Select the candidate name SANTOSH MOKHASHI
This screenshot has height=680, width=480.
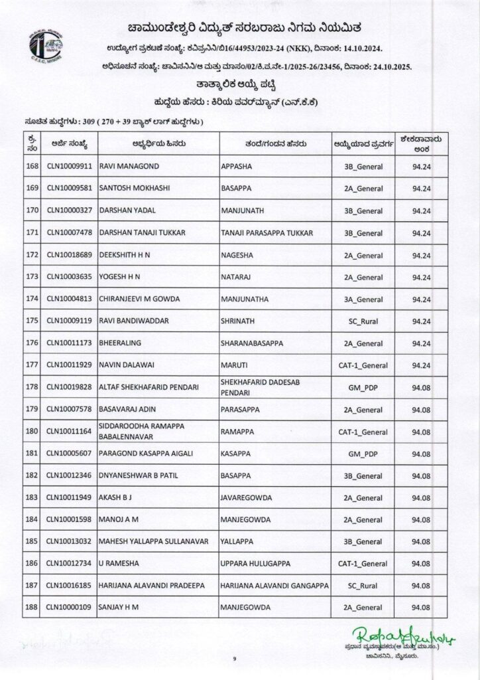tap(133, 189)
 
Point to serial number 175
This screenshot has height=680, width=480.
tap(31, 321)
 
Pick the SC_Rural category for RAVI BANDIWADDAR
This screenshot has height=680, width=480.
tap(363, 321)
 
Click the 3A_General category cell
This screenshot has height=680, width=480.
tap(363, 299)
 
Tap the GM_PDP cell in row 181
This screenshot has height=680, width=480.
tap(363, 453)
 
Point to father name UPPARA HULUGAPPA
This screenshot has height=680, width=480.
tap(255, 563)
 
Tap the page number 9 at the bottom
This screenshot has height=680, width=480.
tap(235, 658)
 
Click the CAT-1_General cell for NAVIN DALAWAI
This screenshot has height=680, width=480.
tap(363, 365)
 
